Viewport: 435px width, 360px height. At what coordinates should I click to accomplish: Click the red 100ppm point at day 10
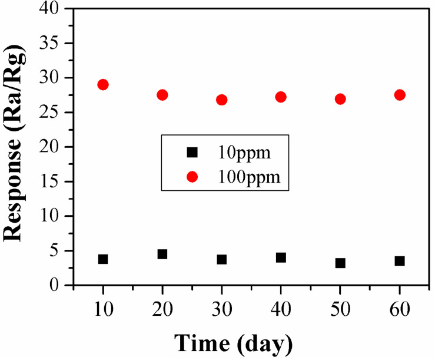click(x=103, y=84)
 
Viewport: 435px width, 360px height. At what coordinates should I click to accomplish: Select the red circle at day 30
click(x=222, y=100)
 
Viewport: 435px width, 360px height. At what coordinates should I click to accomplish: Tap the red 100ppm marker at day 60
click(x=400, y=95)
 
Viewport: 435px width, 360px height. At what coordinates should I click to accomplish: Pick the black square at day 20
click(x=162, y=254)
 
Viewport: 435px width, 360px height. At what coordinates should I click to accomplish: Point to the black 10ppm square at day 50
click(x=340, y=263)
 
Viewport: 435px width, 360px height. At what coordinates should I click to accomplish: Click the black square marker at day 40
click(x=281, y=257)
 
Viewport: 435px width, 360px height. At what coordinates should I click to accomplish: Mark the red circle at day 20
click(x=162, y=95)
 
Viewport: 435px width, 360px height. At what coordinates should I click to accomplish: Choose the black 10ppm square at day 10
click(x=103, y=259)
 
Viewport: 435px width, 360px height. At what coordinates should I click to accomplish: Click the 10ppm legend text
click(x=244, y=153)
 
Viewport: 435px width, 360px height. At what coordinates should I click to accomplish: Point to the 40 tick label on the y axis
click(x=52, y=9)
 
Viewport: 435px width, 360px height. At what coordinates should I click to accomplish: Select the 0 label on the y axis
click(x=58, y=285)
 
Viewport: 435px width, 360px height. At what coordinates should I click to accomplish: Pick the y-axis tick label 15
click(x=52, y=181)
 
